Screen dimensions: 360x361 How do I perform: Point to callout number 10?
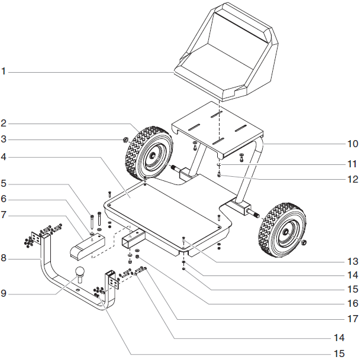352,144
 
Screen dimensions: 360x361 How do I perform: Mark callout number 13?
352,261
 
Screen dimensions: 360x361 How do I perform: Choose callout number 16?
352,304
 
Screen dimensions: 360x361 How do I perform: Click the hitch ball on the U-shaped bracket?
79,273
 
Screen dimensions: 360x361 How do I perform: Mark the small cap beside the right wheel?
304,243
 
